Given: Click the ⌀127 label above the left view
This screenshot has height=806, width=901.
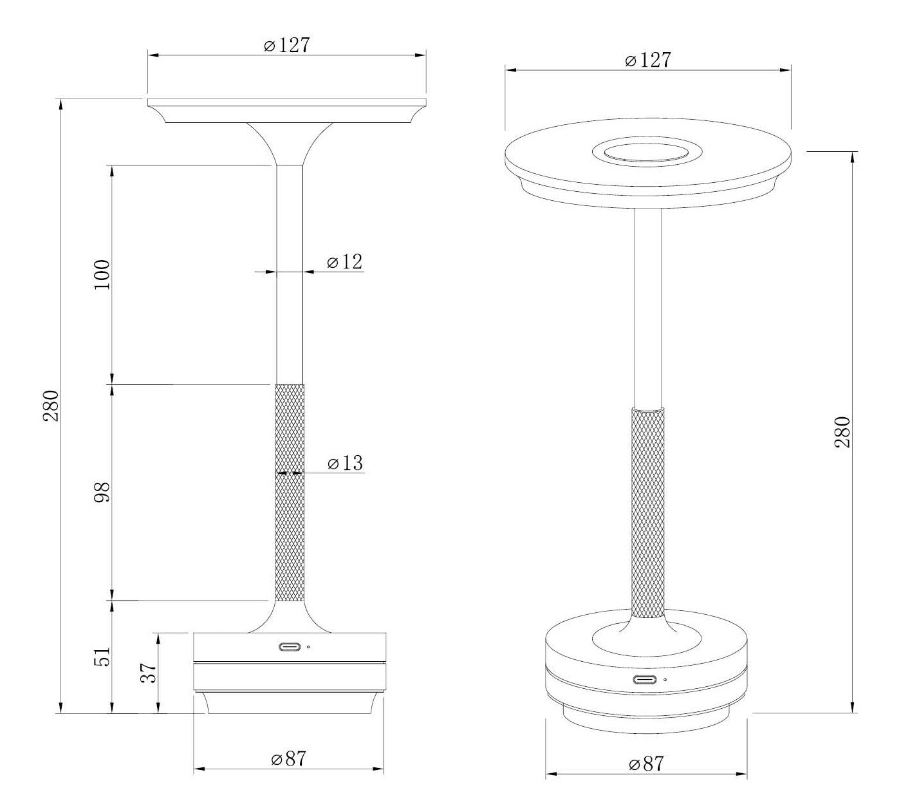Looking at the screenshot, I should tap(287, 45).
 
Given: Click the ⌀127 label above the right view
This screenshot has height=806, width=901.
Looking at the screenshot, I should tap(647, 60).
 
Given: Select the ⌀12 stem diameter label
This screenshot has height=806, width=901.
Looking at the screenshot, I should tap(344, 262).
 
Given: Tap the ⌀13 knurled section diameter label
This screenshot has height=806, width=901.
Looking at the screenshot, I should tap(345, 463).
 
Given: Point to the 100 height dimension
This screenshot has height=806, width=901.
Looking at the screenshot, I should tap(102, 275).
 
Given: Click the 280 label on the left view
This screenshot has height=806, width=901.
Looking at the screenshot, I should tap(51, 406).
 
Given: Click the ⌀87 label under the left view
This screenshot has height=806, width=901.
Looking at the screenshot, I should tap(288, 759).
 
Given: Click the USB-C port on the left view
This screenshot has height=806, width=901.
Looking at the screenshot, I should tap(289, 647).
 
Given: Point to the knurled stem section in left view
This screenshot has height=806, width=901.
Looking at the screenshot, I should tap(290, 492).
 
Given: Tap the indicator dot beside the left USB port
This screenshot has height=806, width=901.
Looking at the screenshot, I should tap(309, 647).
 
